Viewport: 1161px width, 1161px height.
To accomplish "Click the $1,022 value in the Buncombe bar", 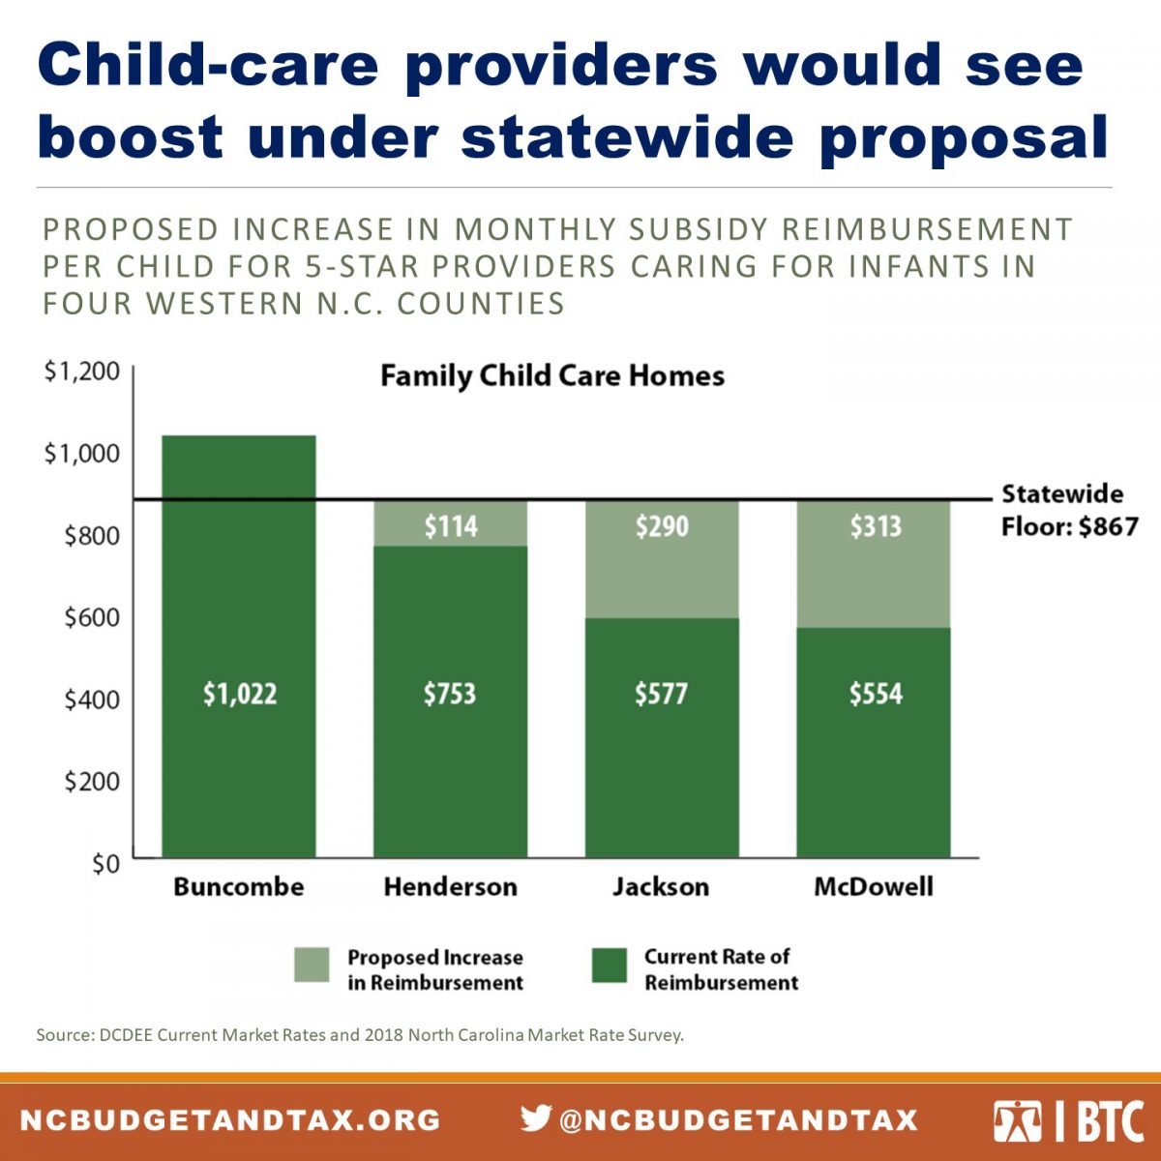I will click(239, 694).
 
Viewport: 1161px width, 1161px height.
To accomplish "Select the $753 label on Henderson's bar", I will click(450, 694).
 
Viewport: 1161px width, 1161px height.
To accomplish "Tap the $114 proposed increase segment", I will click(451, 525).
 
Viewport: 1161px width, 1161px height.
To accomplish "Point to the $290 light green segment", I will click(662, 526).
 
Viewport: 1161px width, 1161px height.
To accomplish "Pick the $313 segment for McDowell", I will click(875, 526).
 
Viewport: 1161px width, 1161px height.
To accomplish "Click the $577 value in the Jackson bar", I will click(662, 694).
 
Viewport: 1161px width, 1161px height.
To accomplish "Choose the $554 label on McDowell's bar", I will click(875, 694).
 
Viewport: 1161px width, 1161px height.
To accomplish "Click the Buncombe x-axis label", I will click(238, 886).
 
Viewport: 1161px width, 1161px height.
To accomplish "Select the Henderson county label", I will click(450, 886).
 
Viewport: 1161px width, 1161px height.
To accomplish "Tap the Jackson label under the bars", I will click(661, 886).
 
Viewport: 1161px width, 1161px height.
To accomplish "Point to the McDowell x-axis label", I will click(874, 886).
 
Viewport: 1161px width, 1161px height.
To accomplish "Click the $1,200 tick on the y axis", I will click(82, 371).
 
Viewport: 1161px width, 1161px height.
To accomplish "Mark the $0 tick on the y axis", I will click(105, 863).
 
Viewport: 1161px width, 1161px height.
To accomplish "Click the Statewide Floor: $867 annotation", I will click(1068, 511).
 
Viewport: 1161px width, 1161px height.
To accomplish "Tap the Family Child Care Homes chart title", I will click(551, 375).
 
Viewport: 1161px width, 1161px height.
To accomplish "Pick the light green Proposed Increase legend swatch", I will click(312, 966).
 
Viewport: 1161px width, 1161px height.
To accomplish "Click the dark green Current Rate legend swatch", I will click(609, 966).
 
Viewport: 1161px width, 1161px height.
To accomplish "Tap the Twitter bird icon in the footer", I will click(535, 1118).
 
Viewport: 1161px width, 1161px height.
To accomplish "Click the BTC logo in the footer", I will click(1069, 1120).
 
